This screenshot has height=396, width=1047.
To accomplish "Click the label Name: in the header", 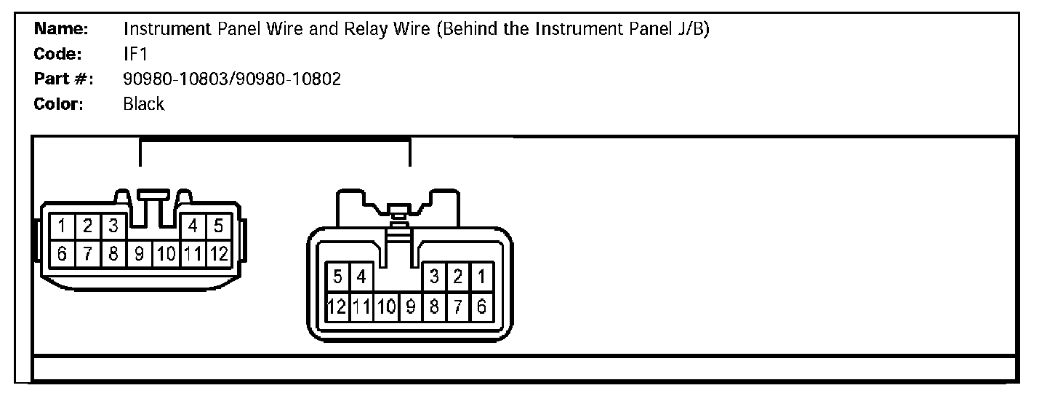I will click(x=61, y=29).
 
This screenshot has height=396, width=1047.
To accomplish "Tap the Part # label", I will click(x=64, y=79).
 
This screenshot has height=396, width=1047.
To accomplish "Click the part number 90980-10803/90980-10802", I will click(x=232, y=79).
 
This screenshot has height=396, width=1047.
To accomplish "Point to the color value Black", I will click(x=144, y=104).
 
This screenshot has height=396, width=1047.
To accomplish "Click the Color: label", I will click(x=59, y=104).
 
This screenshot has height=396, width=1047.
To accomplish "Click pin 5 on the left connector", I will click(x=217, y=226).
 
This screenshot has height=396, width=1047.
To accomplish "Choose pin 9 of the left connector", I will click(x=139, y=254).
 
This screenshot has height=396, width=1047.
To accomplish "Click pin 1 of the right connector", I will click(x=481, y=277).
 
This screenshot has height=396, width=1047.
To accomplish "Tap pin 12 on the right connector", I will click(x=337, y=306).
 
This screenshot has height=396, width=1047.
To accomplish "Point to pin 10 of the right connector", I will click(x=386, y=306).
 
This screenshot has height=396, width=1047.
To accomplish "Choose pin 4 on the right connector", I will click(x=361, y=277).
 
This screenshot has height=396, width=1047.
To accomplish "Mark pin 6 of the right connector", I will click(x=481, y=306).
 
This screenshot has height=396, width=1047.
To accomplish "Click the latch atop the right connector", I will click(x=398, y=212).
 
